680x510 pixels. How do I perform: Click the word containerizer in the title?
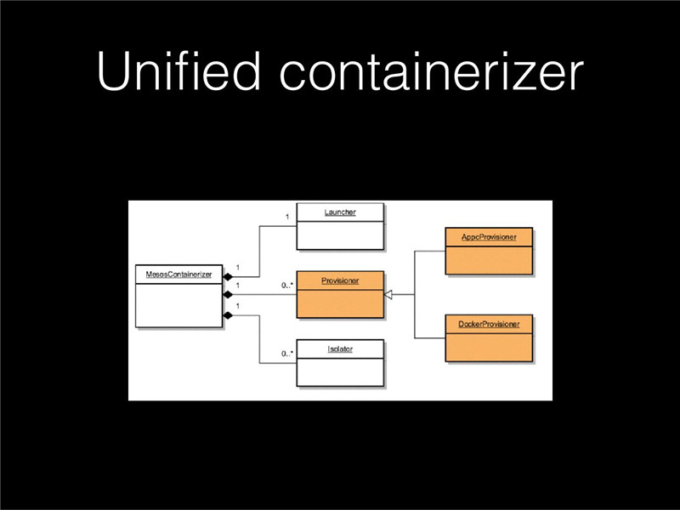[432, 71]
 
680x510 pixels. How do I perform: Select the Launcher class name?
[340, 212]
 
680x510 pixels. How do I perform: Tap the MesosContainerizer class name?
[178, 275]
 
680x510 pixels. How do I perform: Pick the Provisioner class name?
[340, 280]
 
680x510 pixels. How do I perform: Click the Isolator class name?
[340, 349]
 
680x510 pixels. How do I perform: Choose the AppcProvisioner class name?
[489, 237]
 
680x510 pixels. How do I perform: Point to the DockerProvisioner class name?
[489, 324]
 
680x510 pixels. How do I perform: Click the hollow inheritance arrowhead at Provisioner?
[388, 295]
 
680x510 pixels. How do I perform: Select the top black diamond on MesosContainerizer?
[228, 277]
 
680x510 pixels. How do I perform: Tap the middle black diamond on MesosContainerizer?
[228, 295]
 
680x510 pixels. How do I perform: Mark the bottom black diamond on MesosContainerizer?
[228, 315]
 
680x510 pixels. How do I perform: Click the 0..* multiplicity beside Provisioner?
[287, 286]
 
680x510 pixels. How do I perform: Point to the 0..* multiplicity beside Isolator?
[287, 354]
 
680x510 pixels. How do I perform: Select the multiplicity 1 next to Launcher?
[287, 217]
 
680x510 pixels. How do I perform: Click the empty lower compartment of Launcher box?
[340, 235]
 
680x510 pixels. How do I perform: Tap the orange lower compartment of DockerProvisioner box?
[489, 348]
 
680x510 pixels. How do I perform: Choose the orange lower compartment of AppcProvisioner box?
[489, 260]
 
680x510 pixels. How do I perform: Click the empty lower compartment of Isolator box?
[340, 372]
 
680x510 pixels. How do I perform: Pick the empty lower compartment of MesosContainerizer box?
[178, 305]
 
